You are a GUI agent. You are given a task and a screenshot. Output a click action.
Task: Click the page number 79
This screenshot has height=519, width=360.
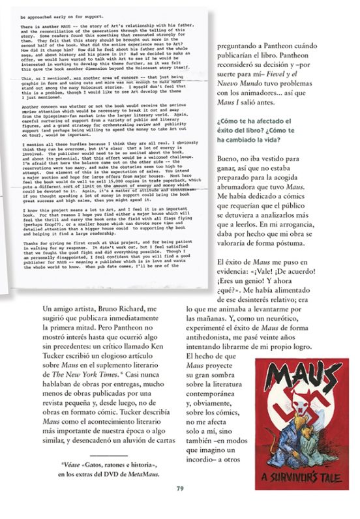pos(180,488)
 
